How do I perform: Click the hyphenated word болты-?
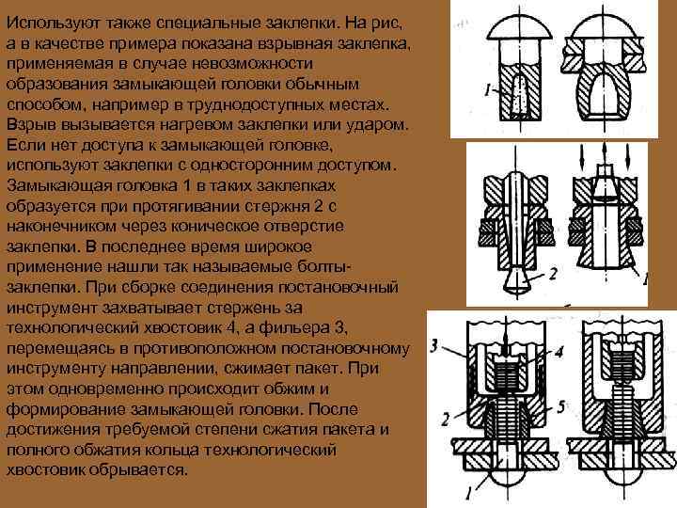click(x=324, y=267)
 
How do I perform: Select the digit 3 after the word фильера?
click(x=339, y=328)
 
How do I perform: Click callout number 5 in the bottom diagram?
click(x=560, y=406)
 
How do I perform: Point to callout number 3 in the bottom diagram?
click(x=434, y=345)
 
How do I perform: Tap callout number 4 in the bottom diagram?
click(x=559, y=353)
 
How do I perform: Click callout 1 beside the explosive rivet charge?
click(x=488, y=89)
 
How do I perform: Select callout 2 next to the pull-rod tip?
click(x=553, y=274)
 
